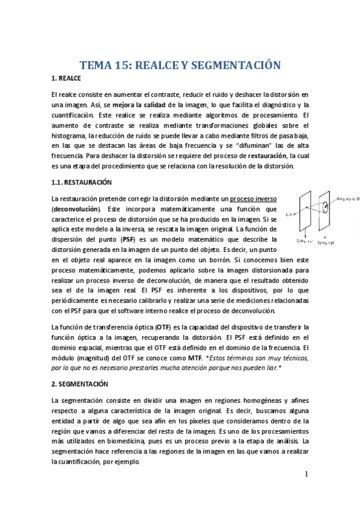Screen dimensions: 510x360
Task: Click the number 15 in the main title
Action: (128, 66)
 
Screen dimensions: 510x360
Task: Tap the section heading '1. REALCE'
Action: (66, 79)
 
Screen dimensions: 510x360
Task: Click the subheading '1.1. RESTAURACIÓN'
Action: (82, 182)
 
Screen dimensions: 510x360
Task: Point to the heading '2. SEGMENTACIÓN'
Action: (80, 383)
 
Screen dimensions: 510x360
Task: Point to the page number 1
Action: (306, 475)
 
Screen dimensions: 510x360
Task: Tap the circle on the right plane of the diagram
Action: (325, 209)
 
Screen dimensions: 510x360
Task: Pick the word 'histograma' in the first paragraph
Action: (69, 135)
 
